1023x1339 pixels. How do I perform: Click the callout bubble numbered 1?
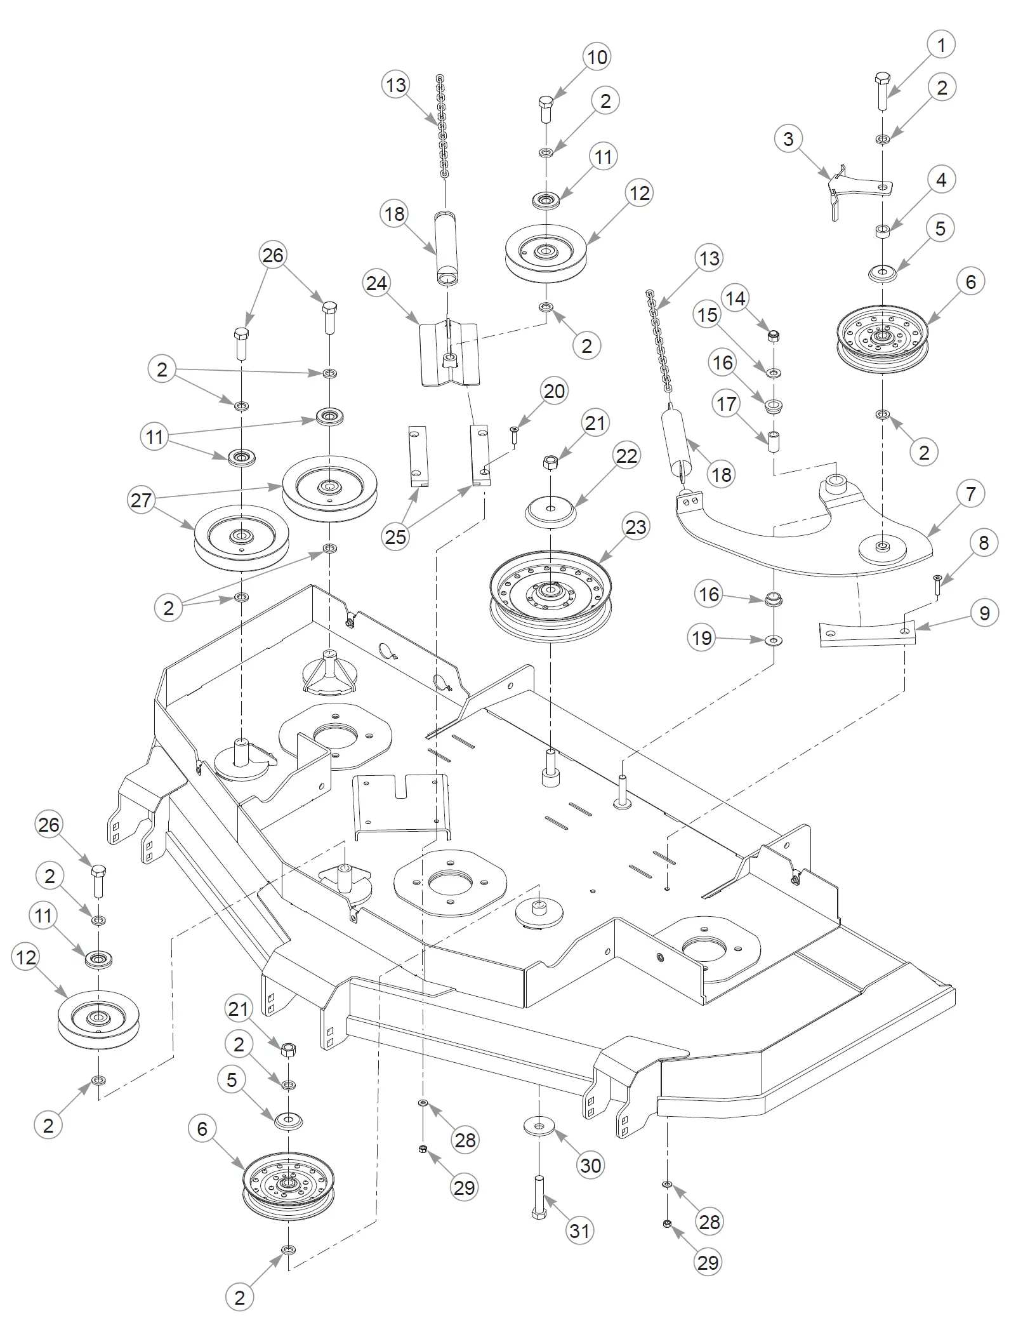[940, 45]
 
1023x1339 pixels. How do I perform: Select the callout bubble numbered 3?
[788, 139]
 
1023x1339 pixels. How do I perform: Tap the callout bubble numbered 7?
[970, 493]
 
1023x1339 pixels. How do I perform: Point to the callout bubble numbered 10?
[597, 57]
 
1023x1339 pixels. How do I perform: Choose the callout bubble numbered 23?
[635, 527]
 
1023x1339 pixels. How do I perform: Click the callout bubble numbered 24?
[377, 283]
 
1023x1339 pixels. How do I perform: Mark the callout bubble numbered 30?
[591, 1166]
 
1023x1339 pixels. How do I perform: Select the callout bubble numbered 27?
[141, 500]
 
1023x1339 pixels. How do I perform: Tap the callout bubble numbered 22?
[627, 456]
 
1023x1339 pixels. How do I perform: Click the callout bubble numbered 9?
[984, 613]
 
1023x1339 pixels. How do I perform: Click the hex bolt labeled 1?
[882, 92]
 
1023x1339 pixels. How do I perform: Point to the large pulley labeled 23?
[551, 594]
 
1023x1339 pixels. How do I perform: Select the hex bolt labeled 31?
[539, 1197]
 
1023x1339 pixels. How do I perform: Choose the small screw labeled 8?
[937, 584]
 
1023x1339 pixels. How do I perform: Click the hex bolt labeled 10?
[546, 110]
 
